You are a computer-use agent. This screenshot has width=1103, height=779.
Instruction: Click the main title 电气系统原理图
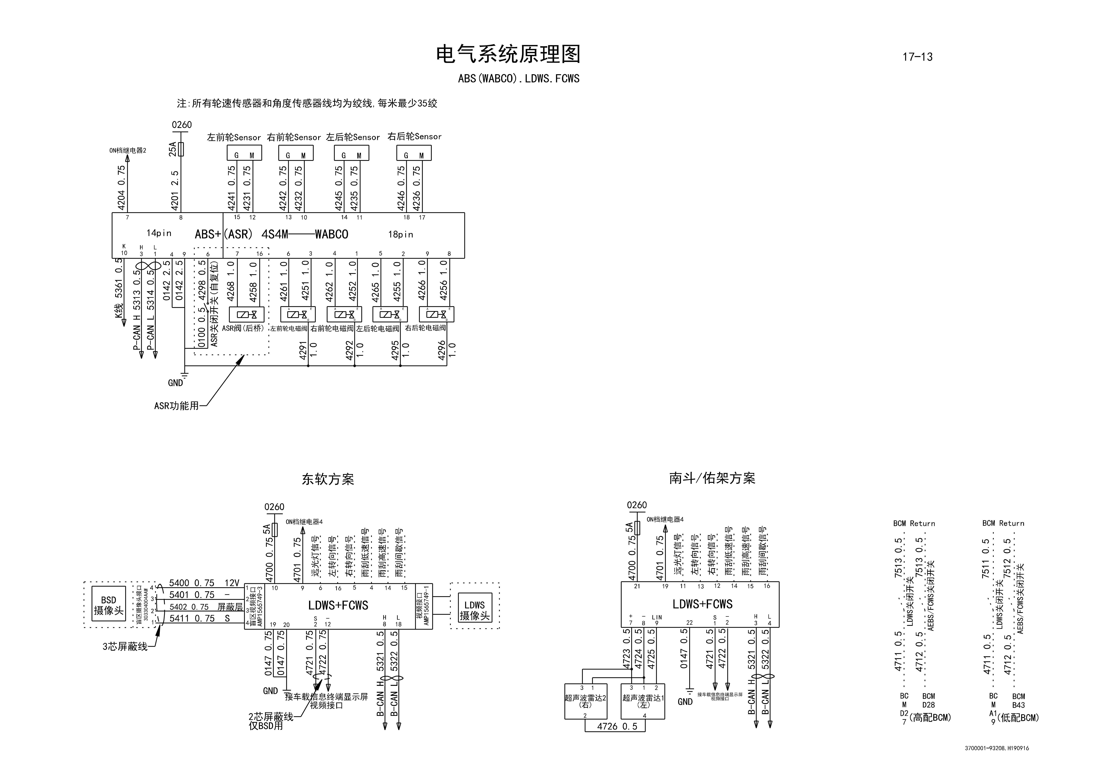pos(508,54)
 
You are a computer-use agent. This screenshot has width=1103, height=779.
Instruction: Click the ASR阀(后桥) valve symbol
pos(246,315)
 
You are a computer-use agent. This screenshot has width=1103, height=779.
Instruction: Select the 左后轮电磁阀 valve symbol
pos(390,315)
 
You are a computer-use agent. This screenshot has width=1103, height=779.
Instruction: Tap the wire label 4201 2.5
pos(175,191)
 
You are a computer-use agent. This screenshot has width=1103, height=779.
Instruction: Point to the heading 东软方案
pos(328,479)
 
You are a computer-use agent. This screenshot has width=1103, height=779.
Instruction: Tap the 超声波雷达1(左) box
pos(643,701)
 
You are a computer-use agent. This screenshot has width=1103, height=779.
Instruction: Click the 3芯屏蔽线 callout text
pos(125,646)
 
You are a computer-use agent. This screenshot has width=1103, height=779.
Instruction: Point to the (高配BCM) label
pos(930,718)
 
